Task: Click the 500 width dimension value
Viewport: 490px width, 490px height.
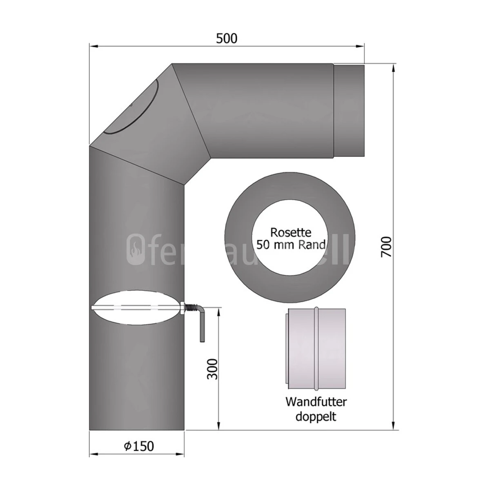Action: [227, 38]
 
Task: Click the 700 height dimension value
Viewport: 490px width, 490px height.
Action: [386, 247]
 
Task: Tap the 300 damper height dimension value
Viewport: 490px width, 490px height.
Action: [212, 369]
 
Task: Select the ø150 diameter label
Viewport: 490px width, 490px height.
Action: [139, 446]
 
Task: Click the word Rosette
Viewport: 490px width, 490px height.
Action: [291, 233]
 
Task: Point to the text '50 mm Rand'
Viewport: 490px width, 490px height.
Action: [291, 245]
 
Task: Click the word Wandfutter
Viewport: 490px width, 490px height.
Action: [316, 401]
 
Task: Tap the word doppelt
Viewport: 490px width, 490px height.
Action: [316, 416]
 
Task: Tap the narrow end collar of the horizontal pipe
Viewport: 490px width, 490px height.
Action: [349, 110]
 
